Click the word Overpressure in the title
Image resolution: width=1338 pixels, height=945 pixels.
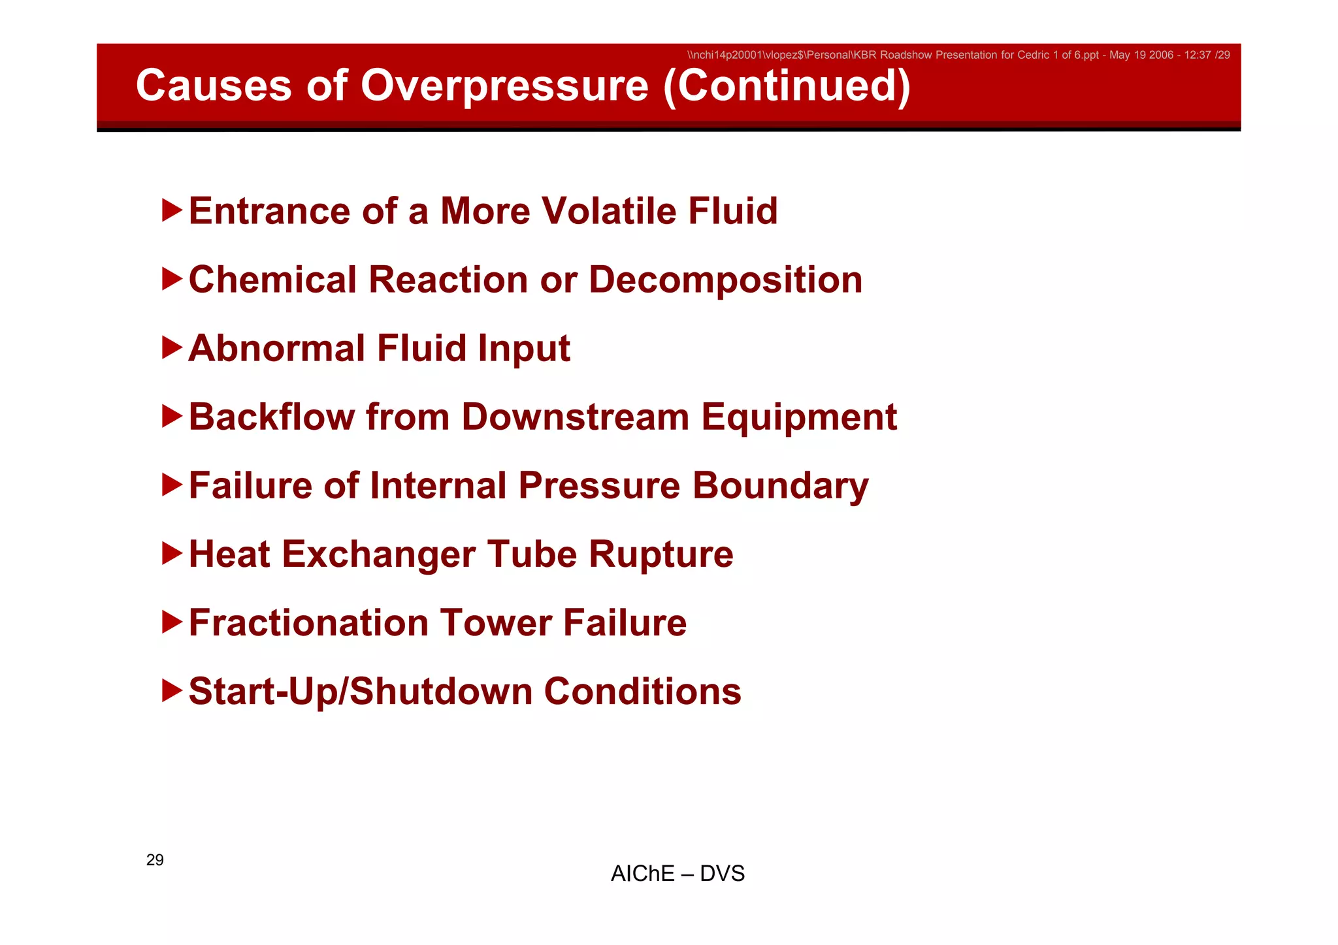[504, 86]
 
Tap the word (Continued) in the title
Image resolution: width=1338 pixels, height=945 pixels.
[787, 86]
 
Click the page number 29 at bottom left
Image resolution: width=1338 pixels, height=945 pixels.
[155, 859]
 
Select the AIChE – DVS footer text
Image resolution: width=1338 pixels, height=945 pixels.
[677, 873]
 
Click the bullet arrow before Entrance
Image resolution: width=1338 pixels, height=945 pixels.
[172, 210]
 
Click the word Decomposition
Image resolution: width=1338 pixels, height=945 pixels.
[725, 281]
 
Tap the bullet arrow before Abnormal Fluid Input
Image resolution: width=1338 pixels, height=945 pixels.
[172, 347]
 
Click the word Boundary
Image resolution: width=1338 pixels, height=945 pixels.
[780, 487]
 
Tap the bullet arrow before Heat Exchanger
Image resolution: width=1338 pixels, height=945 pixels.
[172, 554]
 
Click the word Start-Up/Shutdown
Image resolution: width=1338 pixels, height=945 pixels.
[360, 692]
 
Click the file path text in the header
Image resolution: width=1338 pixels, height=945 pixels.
[958, 55]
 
